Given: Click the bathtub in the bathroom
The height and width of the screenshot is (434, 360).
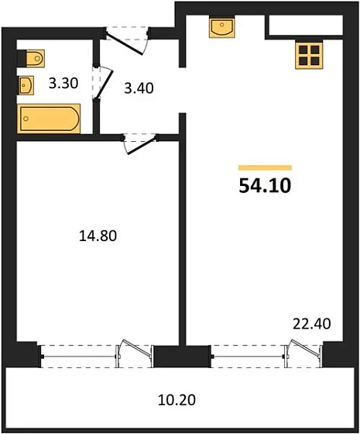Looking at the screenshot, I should click(x=48, y=119).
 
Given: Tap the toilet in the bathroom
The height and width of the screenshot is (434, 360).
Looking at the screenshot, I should click(x=33, y=58).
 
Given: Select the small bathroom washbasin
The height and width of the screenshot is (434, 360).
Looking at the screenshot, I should click(x=27, y=84).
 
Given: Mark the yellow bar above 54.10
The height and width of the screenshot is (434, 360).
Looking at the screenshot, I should click(x=266, y=167).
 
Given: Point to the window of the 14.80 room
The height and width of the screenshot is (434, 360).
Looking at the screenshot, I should click(x=79, y=353).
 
